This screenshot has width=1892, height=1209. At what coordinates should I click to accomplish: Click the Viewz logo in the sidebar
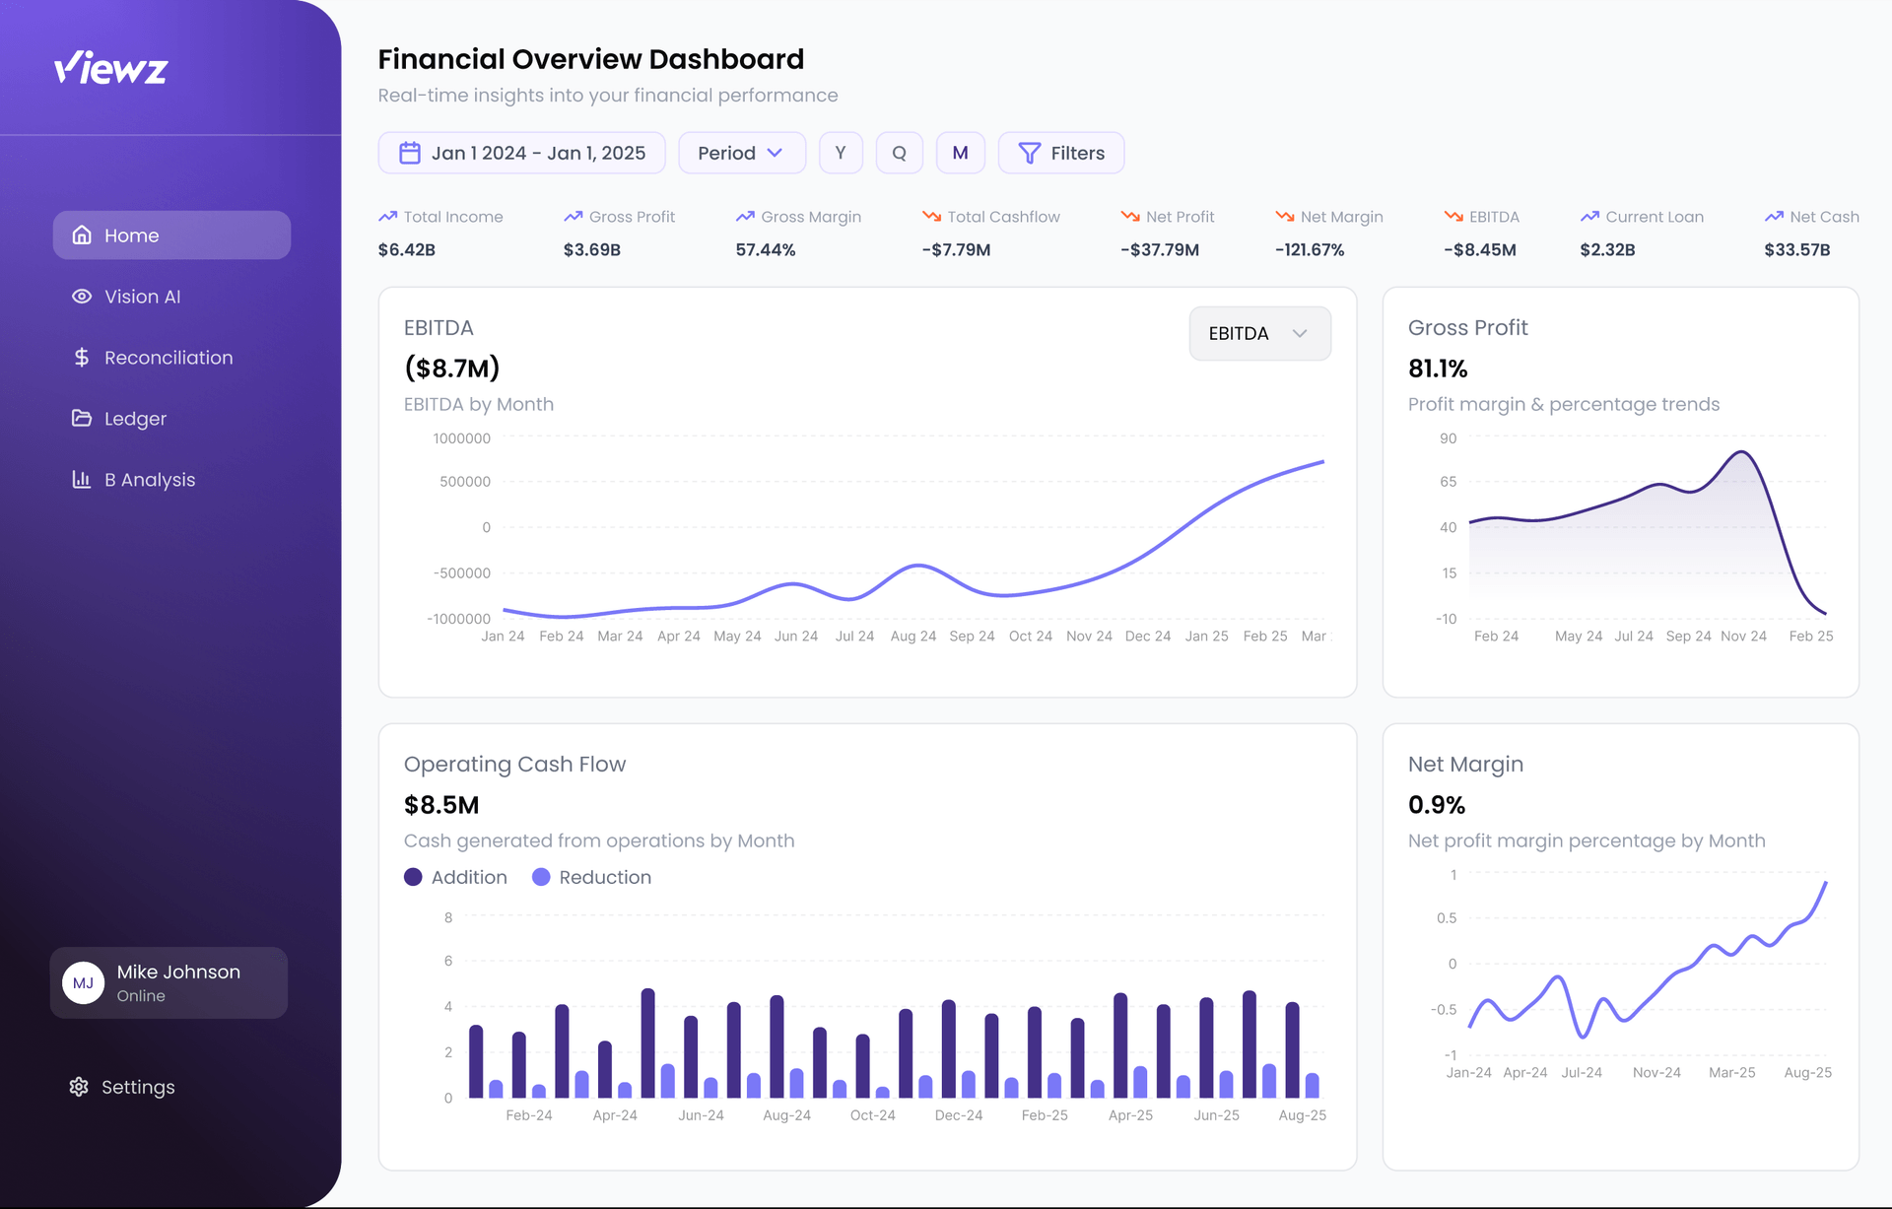pyautogui.click(x=110, y=68)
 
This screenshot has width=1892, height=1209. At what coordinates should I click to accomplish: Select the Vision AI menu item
pyautogui.click(x=142, y=297)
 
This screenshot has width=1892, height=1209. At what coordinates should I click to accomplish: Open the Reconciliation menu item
pyautogui.click(x=168, y=358)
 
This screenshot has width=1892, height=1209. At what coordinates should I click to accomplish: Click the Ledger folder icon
pyautogui.click(x=81, y=418)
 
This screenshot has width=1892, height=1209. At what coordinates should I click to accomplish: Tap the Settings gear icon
pyautogui.click(x=79, y=1086)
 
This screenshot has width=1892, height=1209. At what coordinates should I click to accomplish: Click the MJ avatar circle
pyautogui.click(x=84, y=982)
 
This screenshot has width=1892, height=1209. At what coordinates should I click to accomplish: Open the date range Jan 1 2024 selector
pyautogui.click(x=521, y=153)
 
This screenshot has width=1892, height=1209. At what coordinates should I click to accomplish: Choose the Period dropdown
pyautogui.click(x=741, y=153)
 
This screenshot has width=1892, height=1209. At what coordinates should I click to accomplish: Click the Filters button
pyautogui.click(x=1060, y=153)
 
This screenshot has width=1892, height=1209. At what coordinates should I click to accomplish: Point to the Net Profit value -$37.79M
pyautogui.click(x=1159, y=249)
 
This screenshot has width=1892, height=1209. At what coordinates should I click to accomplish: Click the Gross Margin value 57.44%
pyautogui.click(x=765, y=249)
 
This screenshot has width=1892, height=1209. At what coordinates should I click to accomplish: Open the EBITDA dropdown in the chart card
pyautogui.click(x=1258, y=333)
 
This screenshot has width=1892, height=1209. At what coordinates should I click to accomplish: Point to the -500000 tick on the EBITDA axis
pyautogui.click(x=461, y=572)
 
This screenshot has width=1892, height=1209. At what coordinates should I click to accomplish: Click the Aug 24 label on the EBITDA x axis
pyautogui.click(x=912, y=637)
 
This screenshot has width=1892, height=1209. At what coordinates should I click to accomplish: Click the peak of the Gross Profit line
pyautogui.click(x=1741, y=452)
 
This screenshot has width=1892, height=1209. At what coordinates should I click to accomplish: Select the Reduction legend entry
pyautogui.click(x=591, y=877)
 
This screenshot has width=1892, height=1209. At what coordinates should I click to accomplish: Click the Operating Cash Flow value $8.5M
pyautogui.click(x=441, y=805)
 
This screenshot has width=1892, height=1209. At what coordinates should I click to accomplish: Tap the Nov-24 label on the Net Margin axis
pyautogui.click(x=1655, y=1072)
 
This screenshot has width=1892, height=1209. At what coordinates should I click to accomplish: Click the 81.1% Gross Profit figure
pyautogui.click(x=1438, y=369)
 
